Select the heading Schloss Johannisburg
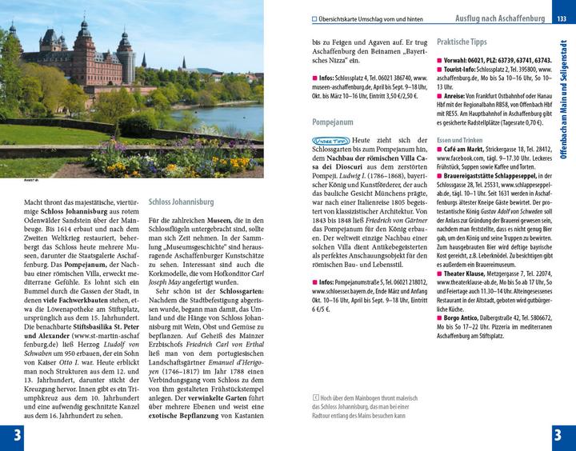point(181,202)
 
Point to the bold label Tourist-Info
point(464,70)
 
